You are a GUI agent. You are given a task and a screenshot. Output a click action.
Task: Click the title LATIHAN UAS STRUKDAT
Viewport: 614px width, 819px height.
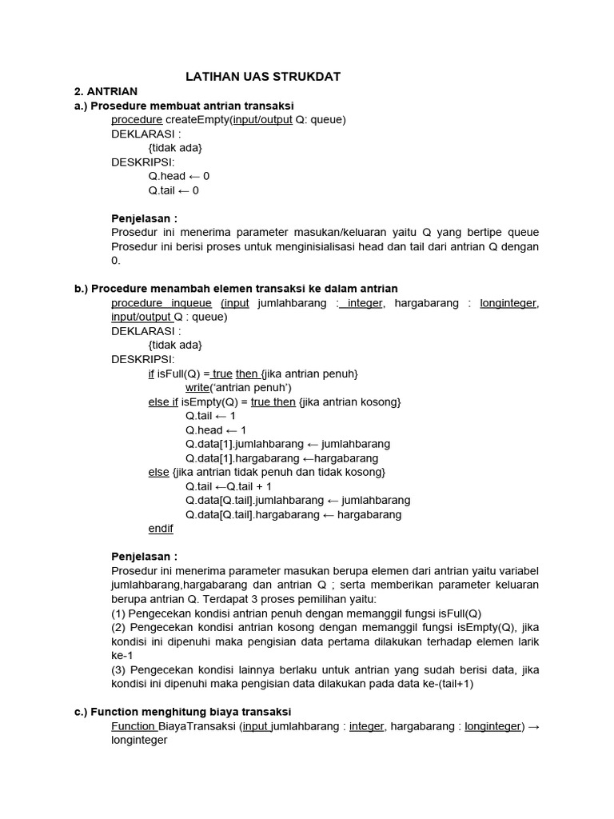click(263, 76)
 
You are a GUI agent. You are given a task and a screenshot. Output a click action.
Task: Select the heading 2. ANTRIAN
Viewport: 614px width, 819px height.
click(106, 91)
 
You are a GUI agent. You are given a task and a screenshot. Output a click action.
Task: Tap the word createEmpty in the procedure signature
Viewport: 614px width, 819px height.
click(195, 120)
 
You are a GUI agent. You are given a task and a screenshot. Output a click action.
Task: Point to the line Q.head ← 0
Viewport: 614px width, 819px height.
click(179, 176)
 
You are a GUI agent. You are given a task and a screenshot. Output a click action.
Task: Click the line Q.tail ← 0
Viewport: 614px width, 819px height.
click(173, 190)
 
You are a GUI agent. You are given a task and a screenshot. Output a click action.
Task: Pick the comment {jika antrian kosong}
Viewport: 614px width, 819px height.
click(349, 402)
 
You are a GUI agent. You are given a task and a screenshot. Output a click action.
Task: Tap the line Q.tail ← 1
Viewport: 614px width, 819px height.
click(210, 416)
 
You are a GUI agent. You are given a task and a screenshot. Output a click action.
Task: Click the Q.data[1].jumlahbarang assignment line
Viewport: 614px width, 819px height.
click(288, 444)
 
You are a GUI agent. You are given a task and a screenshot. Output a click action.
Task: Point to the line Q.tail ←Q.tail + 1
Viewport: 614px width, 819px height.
click(229, 486)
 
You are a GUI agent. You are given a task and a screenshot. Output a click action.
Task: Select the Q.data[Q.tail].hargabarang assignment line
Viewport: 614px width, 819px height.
click(293, 514)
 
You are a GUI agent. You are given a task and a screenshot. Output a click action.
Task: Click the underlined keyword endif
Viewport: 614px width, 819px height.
click(161, 529)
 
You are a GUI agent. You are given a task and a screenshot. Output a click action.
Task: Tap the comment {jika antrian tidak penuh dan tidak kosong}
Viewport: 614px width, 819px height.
click(279, 472)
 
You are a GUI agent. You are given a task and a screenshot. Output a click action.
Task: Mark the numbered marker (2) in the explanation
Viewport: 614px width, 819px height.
click(118, 627)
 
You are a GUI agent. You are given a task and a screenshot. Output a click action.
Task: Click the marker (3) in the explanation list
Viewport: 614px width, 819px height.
click(118, 669)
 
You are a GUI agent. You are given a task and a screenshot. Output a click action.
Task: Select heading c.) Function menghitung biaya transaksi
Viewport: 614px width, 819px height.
click(182, 711)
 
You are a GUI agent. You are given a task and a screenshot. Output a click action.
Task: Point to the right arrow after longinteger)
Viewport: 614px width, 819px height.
click(534, 726)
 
